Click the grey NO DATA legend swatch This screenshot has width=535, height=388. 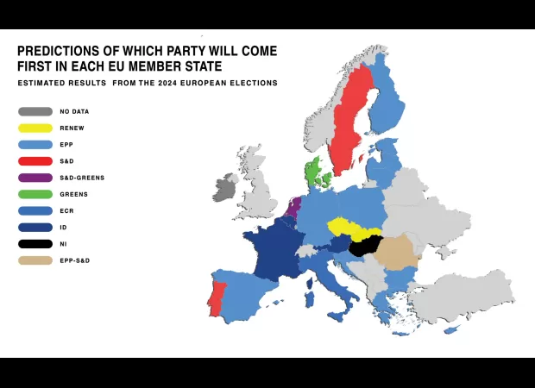tap(35, 111)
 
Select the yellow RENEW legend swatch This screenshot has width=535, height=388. tap(35, 128)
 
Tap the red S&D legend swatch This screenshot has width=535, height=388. tap(35, 161)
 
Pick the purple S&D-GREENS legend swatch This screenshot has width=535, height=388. tap(35, 178)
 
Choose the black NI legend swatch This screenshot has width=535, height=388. tap(35, 244)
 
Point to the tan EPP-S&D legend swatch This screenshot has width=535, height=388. tap(35, 260)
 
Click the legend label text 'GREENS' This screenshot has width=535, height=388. tap(73, 194)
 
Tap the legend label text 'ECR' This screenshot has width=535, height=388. tap(66, 211)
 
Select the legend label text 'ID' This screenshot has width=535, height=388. tap(64, 228)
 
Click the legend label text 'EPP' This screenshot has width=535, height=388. tap(66, 145)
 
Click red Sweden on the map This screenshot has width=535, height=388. tap(350, 121)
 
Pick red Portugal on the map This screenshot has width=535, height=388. tap(216, 298)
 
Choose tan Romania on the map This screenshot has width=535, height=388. tap(398, 250)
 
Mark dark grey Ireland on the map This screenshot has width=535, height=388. tap(226, 188)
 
